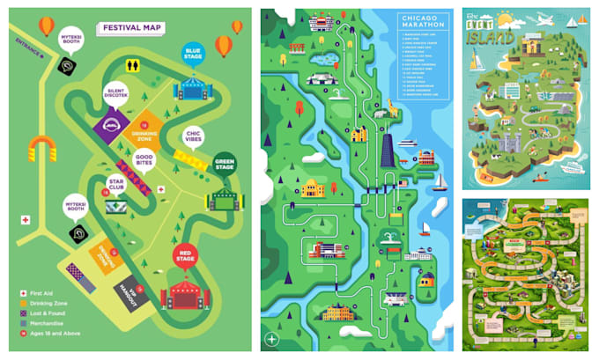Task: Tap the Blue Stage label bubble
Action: pos(193,55)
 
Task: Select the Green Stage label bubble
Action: pos(224,164)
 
